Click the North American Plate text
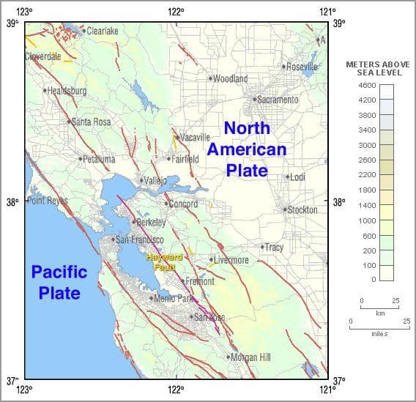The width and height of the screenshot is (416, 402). [246, 149]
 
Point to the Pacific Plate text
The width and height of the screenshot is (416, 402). [59, 282]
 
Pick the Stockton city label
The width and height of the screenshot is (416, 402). [302, 209]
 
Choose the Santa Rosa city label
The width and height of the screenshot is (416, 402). [92, 122]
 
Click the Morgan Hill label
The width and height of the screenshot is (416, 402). [250, 357]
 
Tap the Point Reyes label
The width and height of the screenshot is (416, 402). [48, 201]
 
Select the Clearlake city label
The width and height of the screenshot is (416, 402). [102, 31]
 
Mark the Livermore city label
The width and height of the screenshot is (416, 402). [231, 260]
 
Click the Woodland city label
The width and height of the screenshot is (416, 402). [230, 78]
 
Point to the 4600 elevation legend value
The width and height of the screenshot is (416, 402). [367, 85]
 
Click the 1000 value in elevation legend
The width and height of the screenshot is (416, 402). [367, 220]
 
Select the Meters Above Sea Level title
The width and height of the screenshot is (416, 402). [377, 68]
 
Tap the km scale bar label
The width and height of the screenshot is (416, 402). [380, 313]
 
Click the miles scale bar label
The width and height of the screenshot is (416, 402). [379, 333]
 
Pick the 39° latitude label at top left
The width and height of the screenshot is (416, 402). [12, 23]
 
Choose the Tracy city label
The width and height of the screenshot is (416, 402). [273, 247]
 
